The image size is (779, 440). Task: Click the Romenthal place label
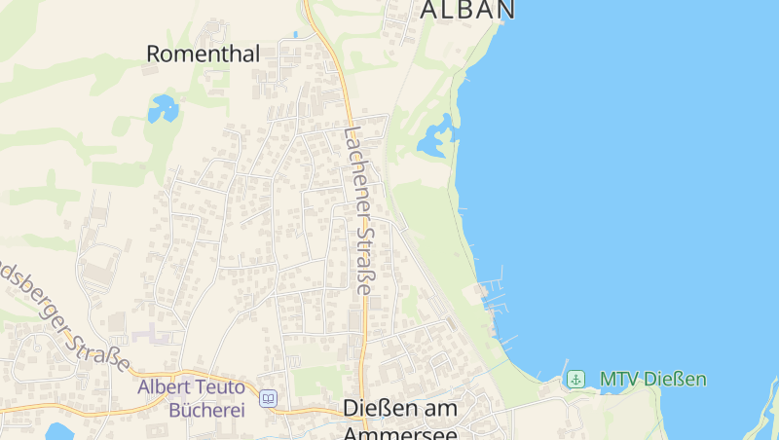pyautogui.click(x=203, y=55)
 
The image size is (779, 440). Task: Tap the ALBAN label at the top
pyautogui.click(x=466, y=10)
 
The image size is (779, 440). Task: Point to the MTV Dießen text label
pyautogui.click(x=652, y=380)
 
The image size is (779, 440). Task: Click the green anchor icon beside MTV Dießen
pyautogui.click(x=576, y=379)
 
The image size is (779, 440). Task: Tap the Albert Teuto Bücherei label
pyautogui.click(x=191, y=398)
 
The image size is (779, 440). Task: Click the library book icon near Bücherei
pyautogui.click(x=268, y=398)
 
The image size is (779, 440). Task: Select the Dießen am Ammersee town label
pyautogui.click(x=400, y=421)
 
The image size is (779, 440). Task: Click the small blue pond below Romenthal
pyautogui.click(x=163, y=108)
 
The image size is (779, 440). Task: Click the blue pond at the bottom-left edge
pyautogui.click(x=58, y=431)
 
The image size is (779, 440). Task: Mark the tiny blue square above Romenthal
pyautogui.click(x=295, y=34)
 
